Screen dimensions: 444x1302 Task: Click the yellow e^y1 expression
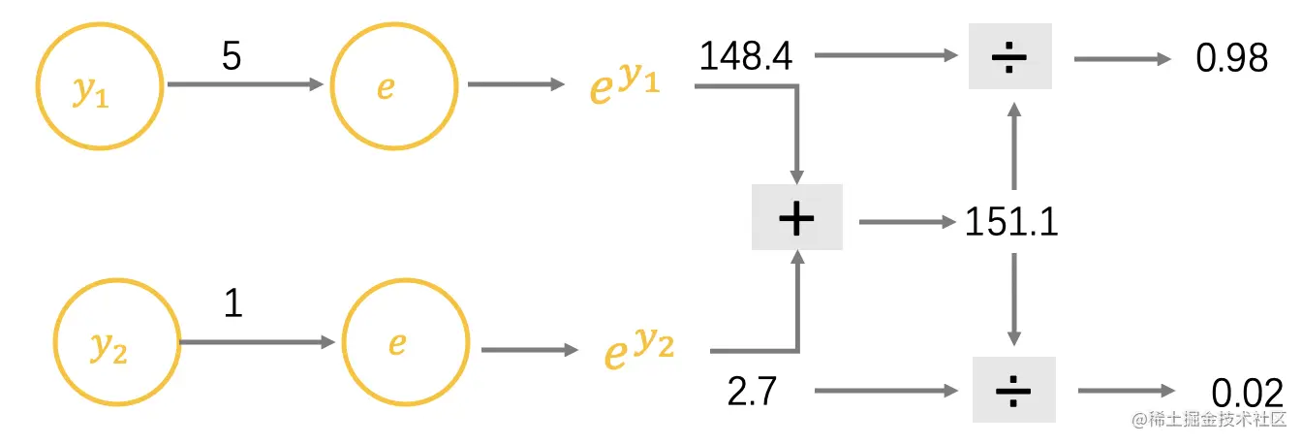click(x=625, y=84)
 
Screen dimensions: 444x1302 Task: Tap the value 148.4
click(x=746, y=56)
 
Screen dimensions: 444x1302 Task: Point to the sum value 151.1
click(x=1011, y=222)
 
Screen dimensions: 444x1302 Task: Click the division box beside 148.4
click(x=1010, y=57)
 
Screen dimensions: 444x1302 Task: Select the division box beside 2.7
click(x=1013, y=391)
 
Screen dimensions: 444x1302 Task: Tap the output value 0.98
click(x=1231, y=58)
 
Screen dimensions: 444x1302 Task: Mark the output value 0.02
click(x=1246, y=393)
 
